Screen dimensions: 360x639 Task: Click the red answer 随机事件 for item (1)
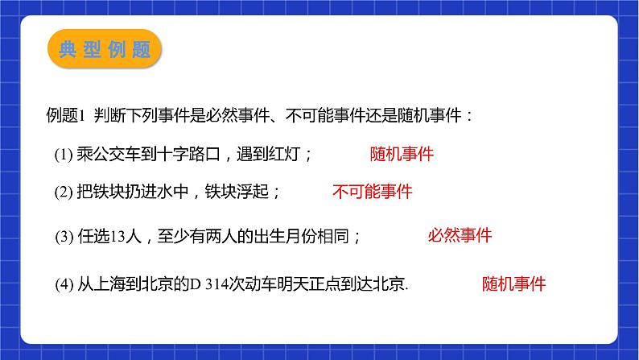coord(402,154)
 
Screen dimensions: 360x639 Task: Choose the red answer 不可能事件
coord(372,192)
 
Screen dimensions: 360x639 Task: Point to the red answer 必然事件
coord(460,236)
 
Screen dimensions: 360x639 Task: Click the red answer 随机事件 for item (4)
coord(513,283)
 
